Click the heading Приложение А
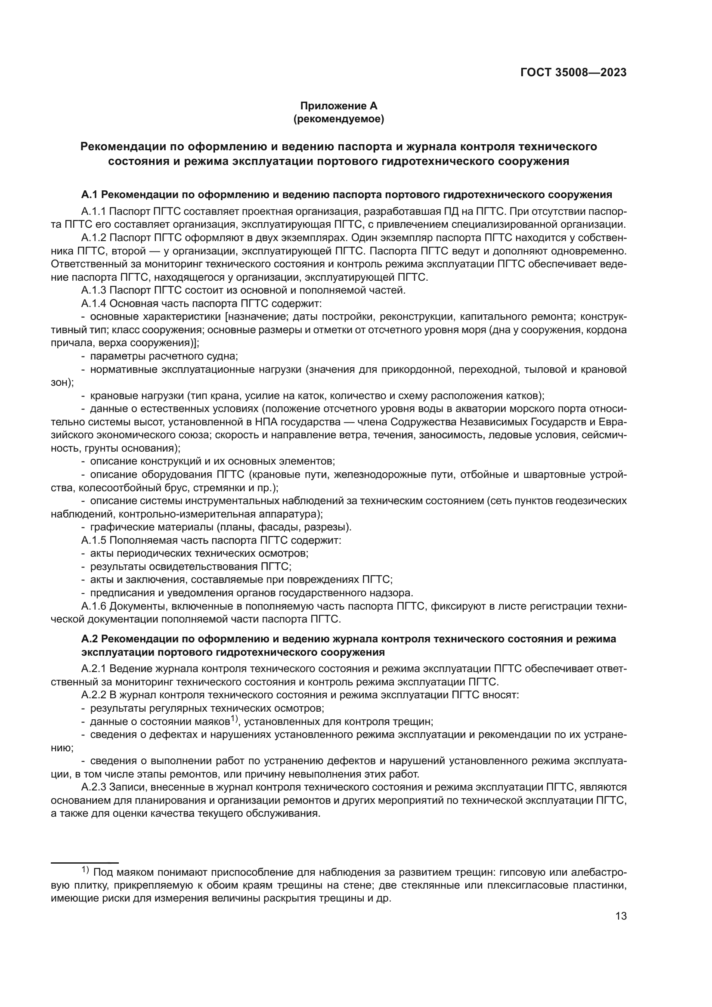pyautogui.click(x=338, y=106)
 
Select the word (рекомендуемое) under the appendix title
pyautogui.click(x=338, y=119)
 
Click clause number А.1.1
pyautogui.click(x=93, y=212)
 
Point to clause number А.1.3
pyautogui.click(x=93, y=290)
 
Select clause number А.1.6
pyautogui.click(x=93, y=607)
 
